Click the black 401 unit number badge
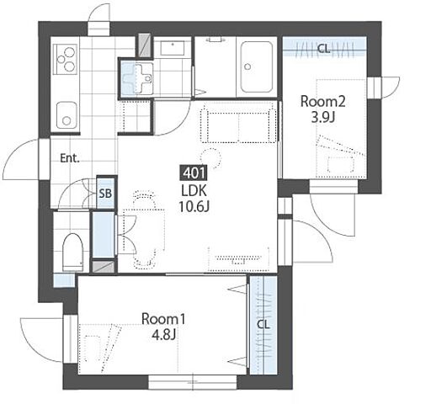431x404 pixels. pyautogui.click(x=194, y=173)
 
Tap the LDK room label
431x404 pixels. pyautogui.click(x=194, y=191)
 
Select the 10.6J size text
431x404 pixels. pyautogui.click(x=194, y=207)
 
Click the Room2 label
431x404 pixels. pyautogui.click(x=322, y=102)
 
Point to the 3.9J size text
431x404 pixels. pyautogui.click(x=322, y=118)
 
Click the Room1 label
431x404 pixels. pyautogui.click(x=163, y=319)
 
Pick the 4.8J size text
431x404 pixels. pyautogui.click(x=163, y=335)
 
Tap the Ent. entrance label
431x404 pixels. pyautogui.click(x=70, y=158)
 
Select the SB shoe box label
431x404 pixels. pyautogui.click(x=105, y=194)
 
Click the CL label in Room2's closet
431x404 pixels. pyautogui.click(x=323, y=49)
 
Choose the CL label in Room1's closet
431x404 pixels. pyautogui.click(x=263, y=325)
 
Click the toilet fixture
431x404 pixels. pyautogui.click(x=72, y=252)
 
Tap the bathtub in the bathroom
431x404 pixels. pyautogui.click(x=257, y=67)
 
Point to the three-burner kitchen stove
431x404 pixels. pyautogui.click(x=66, y=59)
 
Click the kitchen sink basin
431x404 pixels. pyautogui.click(x=67, y=115)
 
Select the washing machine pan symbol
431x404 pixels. pyautogui.click(x=136, y=77)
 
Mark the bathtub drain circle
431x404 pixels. pyautogui.click(x=247, y=66)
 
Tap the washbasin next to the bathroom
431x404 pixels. pyautogui.click(x=173, y=49)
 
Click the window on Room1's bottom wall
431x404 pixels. pyautogui.click(x=193, y=382)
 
